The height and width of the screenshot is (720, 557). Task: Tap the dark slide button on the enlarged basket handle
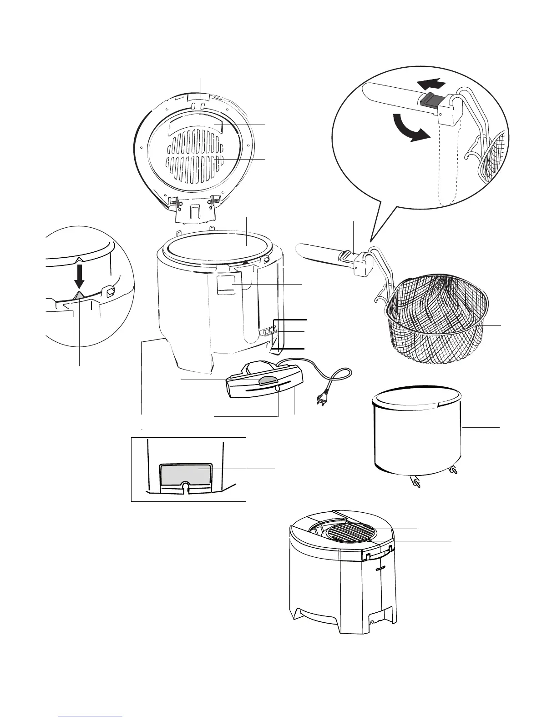pyautogui.click(x=430, y=99)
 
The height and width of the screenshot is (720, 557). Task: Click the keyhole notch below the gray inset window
pyautogui.click(x=185, y=487)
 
